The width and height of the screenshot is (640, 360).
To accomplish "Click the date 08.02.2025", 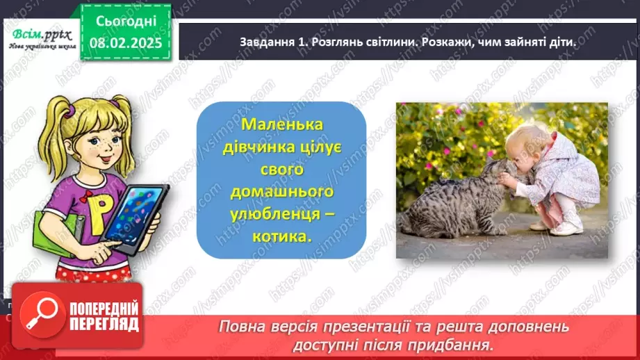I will [x=126, y=42].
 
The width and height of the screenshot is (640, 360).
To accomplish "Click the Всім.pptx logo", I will [x=38, y=36].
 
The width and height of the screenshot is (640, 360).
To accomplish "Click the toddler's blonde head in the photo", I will [x=524, y=147].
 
